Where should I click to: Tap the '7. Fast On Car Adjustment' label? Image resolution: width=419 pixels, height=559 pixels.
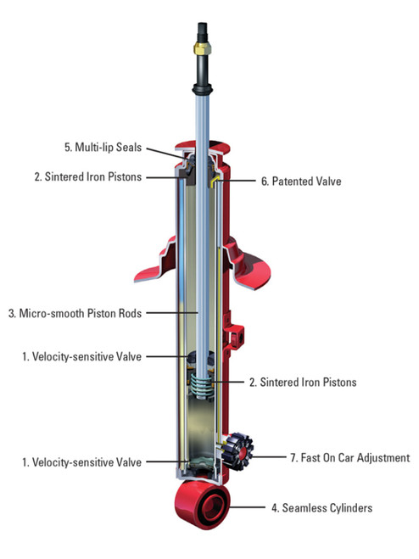click(x=350, y=458)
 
